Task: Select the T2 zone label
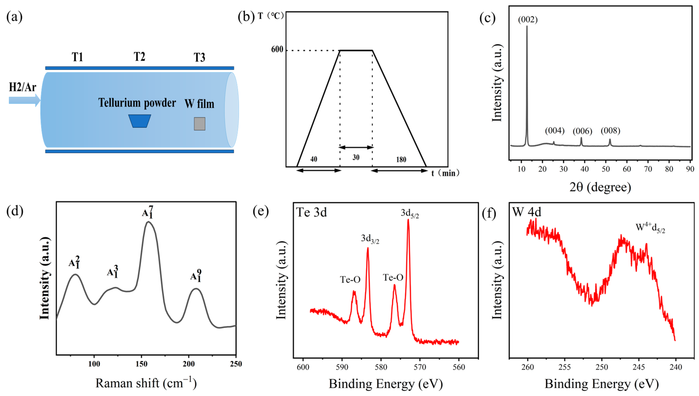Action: [x=140, y=57]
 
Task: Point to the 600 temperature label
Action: [x=277, y=49]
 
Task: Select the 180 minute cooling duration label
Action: [x=401, y=159]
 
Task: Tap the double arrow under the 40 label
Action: [x=318, y=170]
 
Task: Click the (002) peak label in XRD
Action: [x=527, y=20]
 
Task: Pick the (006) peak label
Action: [x=582, y=131]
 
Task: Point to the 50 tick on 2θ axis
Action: [x=606, y=169]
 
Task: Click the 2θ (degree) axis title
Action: [x=600, y=187]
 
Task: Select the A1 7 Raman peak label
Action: [x=148, y=212]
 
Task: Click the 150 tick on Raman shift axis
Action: [x=141, y=364]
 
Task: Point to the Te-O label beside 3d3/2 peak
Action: [x=350, y=279]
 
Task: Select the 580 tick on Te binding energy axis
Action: [x=381, y=367]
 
